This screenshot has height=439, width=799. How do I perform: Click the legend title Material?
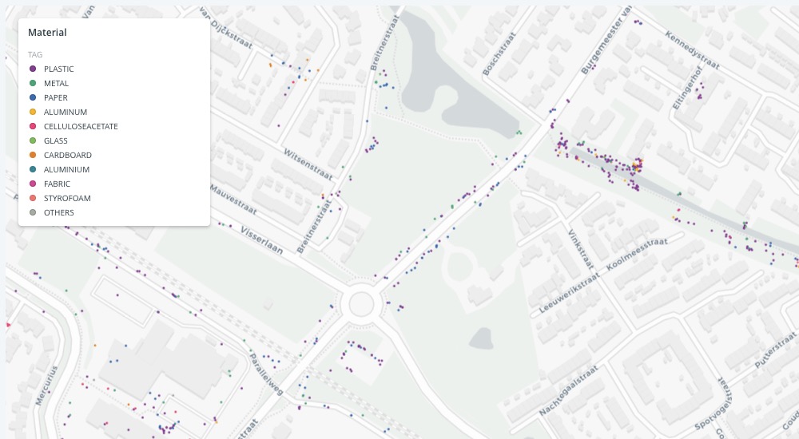click(47, 33)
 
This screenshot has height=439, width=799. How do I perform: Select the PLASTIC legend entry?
click(58, 69)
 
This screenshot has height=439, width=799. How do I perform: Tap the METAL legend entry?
click(56, 83)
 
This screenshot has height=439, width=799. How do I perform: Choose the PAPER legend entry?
click(55, 97)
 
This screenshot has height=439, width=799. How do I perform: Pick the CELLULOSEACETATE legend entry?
click(81, 126)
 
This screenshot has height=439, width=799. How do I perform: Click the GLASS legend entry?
click(55, 140)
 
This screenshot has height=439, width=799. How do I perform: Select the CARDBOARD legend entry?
click(67, 155)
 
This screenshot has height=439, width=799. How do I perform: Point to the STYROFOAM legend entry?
click(67, 198)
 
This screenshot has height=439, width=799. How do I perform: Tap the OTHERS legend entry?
click(58, 212)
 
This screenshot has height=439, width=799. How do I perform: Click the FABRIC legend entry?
click(57, 184)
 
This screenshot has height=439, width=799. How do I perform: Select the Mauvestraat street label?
click(233, 200)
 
